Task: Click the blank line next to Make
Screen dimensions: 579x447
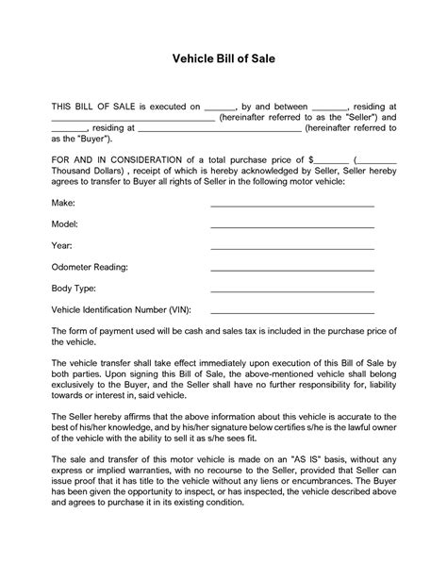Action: pos(292,204)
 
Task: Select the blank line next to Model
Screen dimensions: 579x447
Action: pos(292,225)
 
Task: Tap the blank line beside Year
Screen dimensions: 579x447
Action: pos(292,246)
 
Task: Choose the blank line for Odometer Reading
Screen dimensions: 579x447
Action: pos(292,268)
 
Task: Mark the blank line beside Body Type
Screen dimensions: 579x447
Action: pos(292,289)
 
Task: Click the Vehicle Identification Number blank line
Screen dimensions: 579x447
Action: pos(292,310)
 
